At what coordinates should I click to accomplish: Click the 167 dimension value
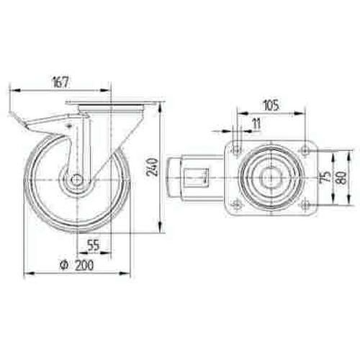[61, 82]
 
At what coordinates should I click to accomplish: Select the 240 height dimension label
[153, 167]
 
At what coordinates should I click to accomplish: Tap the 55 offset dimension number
[93, 245]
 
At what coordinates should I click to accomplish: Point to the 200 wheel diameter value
[84, 265]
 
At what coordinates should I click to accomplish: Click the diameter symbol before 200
[64, 265]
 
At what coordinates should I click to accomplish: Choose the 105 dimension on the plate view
[271, 105]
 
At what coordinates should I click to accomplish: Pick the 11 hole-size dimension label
[256, 124]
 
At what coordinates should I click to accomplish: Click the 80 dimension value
[342, 177]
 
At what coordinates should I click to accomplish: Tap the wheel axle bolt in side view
[77, 179]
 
